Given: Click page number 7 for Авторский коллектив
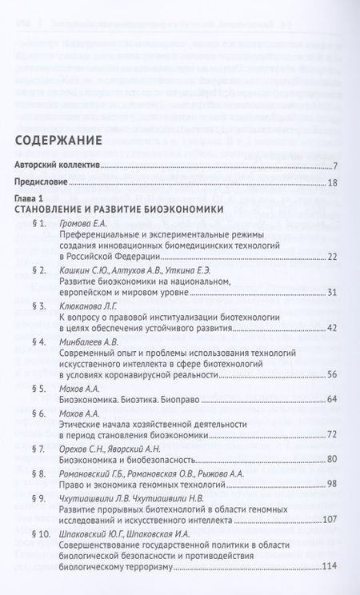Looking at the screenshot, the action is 335,166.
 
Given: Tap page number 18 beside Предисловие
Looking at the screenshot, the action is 334,183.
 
